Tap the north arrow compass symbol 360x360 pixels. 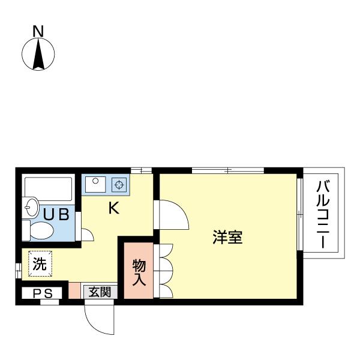point(38,54)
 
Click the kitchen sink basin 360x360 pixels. point(95,184)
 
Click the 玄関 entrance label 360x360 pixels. point(100,292)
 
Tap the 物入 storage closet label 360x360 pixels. point(139,271)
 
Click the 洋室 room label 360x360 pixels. point(227,237)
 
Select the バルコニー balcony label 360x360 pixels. point(323,213)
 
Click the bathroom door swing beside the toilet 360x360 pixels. point(87,233)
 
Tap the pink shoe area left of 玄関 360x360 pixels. point(74,290)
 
